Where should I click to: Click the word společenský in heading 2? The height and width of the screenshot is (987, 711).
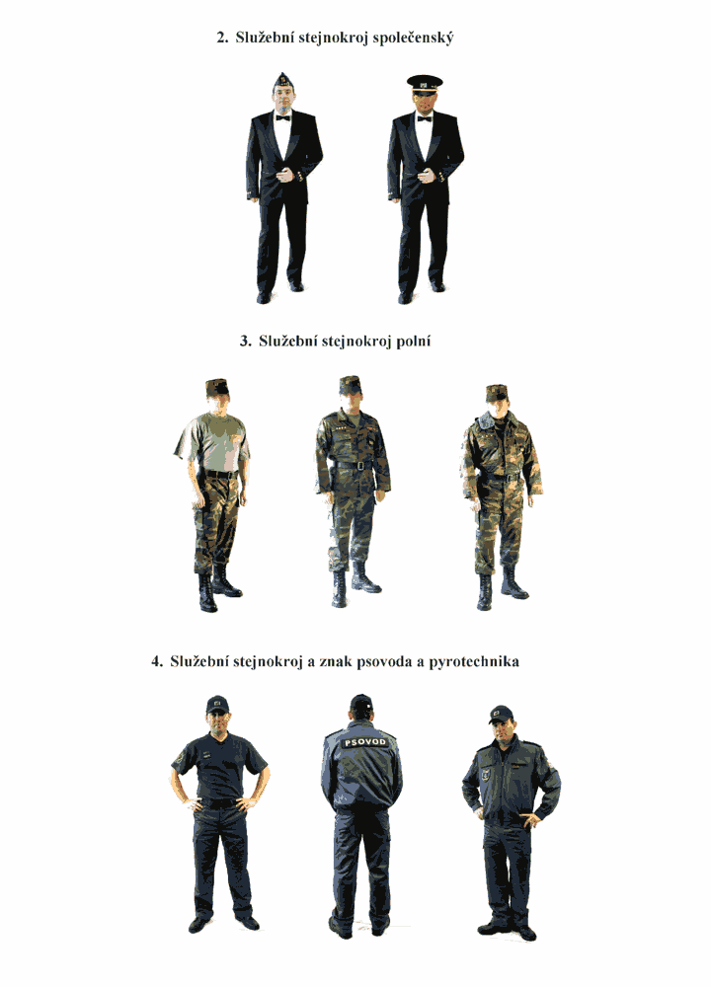(413, 38)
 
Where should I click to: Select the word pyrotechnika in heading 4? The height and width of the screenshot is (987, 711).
(474, 662)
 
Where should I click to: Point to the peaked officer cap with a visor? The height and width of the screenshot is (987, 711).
(425, 83)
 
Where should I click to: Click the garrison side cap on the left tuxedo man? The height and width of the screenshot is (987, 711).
(282, 80)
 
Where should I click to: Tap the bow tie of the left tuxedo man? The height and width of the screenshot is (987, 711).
(282, 117)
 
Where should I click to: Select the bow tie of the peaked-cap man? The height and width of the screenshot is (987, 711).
(425, 118)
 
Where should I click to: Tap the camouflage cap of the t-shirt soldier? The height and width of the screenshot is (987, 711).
(216, 387)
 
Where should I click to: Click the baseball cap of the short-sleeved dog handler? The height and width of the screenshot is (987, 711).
(216, 705)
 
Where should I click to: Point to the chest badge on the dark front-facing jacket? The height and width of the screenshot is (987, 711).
(486, 774)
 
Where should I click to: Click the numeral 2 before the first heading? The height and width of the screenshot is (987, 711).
(220, 38)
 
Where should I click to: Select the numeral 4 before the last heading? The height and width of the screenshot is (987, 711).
(156, 661)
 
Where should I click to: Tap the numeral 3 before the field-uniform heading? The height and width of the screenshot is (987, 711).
(244, 342)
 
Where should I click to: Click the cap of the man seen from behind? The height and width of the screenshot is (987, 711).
(361, 702)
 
